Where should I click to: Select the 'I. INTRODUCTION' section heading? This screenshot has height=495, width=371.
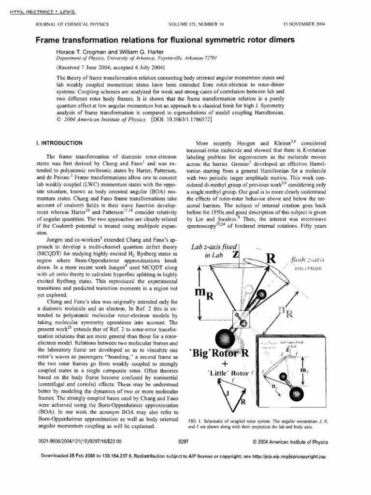(57, 143)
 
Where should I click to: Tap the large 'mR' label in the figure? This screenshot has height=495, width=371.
(204, 294)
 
